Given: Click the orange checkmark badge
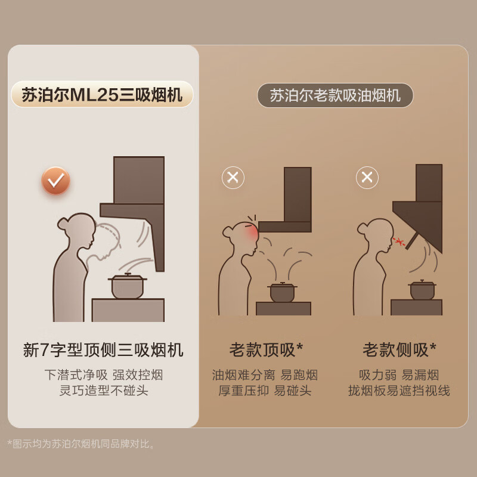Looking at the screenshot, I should click(56, 181).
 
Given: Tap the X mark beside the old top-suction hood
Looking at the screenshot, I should click(233, 178).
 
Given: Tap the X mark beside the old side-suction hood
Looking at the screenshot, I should click(367, 177).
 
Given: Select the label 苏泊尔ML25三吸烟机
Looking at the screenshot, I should click(102, 95).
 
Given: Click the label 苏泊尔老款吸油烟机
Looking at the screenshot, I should click(335, 95).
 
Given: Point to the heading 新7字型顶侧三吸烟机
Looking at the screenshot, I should click(103, 350).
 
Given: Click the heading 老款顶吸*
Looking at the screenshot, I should click(267, 350).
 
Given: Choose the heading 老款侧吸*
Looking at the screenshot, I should click(399, 350).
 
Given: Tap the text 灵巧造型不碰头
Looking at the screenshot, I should click(103, 391).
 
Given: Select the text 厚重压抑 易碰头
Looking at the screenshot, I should click(265, 391).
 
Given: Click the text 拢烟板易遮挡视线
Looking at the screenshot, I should click(399, 391).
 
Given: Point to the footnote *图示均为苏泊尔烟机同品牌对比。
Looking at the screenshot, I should click(82, 444).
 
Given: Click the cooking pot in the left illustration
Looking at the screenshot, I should click(128, 287).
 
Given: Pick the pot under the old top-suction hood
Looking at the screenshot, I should click(282, 292).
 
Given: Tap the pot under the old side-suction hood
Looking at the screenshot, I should click(422, 290).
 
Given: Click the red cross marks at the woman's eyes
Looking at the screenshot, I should click(399, 241).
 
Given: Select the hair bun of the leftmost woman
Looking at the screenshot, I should click(63, 224).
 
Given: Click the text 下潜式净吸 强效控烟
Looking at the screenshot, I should click(103, 375).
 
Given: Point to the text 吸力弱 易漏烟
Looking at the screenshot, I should click(399, 375).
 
